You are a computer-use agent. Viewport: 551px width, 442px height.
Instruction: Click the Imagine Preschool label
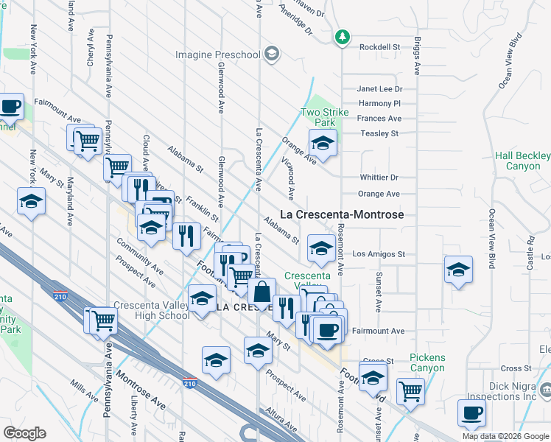pyautogui.click(x=217, y=55)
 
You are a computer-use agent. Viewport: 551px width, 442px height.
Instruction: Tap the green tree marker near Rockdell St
pyautogui.click(x=342, y=36)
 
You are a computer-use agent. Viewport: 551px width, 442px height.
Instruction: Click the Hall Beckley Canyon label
pyautogui.click(x=522, y=161)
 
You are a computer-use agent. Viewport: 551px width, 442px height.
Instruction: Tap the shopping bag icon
pyautogui.click(x=262, y=291)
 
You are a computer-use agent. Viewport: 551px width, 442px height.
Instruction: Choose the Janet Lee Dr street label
pyautogui.click(x=379, y=88)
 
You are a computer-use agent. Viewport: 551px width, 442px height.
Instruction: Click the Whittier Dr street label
pyautogui.click(x=379, y=178)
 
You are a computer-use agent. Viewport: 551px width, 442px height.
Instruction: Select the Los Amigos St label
pyautogui.click(x=379, y=254)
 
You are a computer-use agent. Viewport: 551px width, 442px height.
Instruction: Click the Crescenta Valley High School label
pyautogui.click(x=153, y=310)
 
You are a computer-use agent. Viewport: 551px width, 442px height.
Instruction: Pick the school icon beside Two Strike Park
pyautogui.click(x=322, y=143)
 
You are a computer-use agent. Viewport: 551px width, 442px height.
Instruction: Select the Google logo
pyautogui.click(x=24, y=433)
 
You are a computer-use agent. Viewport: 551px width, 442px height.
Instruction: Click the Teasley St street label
pyautogui.click(x=379, y=133)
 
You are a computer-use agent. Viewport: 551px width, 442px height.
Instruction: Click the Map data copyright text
pyautogui.click(x=506, y=436)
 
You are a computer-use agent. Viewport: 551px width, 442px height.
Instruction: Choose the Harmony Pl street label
pyautogui.click(x=380, y=104)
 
